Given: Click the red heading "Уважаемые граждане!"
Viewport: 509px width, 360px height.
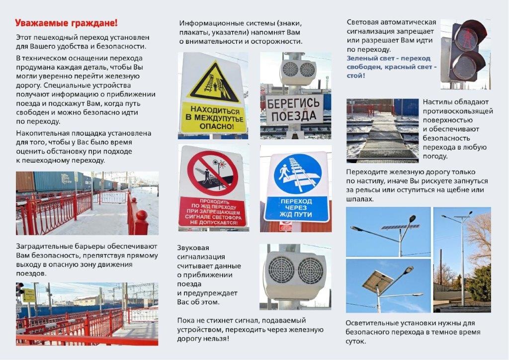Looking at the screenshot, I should tap(66, 23).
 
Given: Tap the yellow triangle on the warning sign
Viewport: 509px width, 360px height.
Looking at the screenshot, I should tap(213, 82).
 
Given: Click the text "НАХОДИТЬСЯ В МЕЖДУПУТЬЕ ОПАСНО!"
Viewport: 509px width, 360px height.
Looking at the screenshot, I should tap(213, 118).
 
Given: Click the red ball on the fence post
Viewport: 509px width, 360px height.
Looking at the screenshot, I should tap(142, 215).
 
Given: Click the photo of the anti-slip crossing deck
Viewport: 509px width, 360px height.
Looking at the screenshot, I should tap(382, 130).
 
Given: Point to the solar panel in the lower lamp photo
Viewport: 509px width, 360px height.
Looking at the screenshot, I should tap(377, 281).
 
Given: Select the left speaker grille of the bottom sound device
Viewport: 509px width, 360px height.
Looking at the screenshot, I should tap(281, 270).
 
